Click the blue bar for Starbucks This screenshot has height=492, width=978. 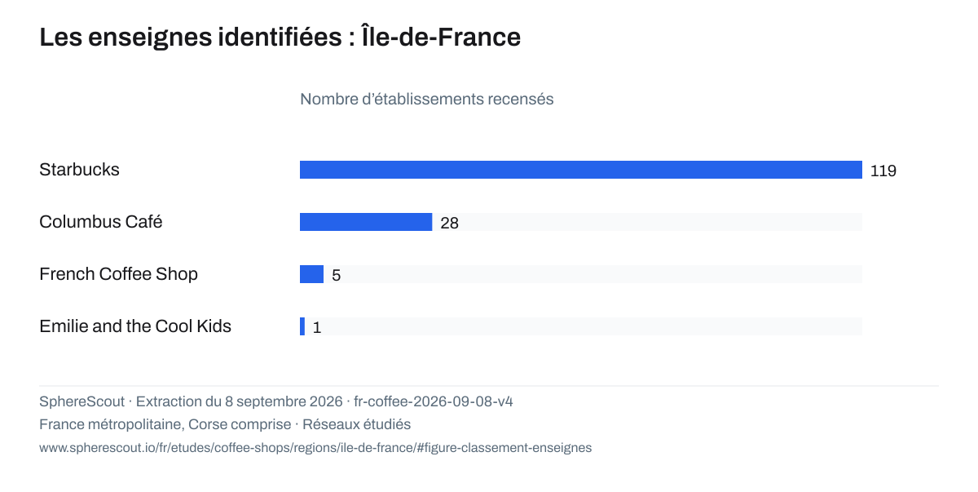580,170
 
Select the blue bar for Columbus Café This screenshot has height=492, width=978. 366,222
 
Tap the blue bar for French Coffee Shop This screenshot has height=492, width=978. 311,274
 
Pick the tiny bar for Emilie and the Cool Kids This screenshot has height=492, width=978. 302,326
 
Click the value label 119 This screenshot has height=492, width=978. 883,171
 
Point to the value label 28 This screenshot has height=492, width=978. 449,224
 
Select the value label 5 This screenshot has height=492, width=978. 336,275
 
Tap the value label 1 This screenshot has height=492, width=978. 317,328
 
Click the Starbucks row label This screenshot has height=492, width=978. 79,170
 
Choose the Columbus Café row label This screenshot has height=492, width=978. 101,222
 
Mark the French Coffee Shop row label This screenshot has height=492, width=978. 118,274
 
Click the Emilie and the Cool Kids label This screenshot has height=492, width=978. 135,326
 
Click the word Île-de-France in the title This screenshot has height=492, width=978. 441,36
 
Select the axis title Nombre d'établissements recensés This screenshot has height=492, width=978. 426,100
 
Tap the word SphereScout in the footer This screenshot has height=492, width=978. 81,401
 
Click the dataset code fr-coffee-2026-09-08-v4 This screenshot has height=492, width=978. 433,401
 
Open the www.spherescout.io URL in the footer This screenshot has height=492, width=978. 315,448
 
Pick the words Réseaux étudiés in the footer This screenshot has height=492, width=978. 356,424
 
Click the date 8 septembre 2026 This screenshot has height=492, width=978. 284,401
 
